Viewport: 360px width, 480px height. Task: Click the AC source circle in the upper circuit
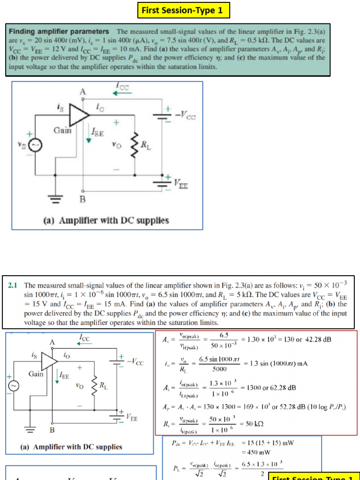click(x=35, y=146)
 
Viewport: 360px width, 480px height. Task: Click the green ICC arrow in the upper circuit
click(x=123, y=92)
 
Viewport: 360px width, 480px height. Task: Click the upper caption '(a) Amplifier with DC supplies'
click(x=106, y=220)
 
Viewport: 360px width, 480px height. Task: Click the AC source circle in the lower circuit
click(x=14, y=385)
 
